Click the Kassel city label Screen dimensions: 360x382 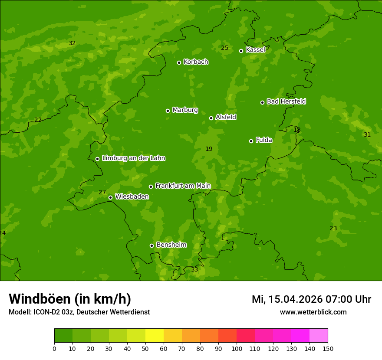coord(255,50)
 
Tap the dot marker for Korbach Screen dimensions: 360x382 coord(179,62)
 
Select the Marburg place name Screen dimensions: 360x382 coord(185,110)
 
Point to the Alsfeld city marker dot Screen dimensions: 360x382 coord(211,118)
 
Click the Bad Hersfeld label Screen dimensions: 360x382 coord(286,101)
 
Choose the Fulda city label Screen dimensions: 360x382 coord(264,140)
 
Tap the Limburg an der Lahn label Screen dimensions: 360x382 coord(133,158)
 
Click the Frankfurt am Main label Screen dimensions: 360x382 coord(183,186)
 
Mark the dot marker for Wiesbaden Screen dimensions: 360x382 coord(110,197)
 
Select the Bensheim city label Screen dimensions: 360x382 coord(171,245)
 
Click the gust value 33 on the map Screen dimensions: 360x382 coord(194,270)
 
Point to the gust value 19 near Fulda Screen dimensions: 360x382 coord(209,149)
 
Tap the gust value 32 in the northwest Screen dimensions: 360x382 coord(72,43)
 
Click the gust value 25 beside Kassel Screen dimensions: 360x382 coord(224,48)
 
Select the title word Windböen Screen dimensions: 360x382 coord(39,299)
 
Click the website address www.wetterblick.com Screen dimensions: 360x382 coord(313,312)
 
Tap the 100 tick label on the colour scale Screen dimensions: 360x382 coord(237,348)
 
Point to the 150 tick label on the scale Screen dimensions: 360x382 coord(328,348)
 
